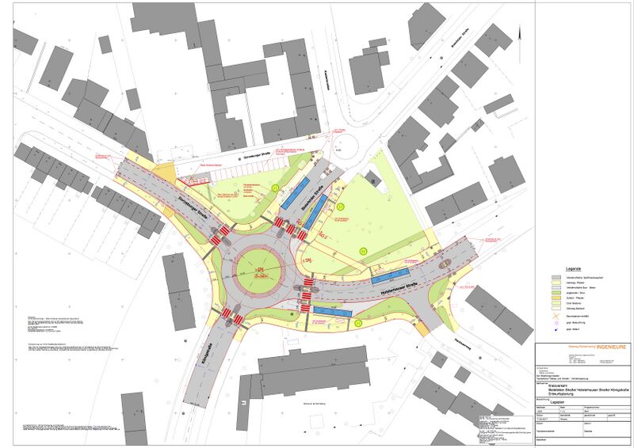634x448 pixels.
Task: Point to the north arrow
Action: point(519,32)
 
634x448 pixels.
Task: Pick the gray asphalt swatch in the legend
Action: point(558,278)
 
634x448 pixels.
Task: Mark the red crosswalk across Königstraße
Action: point(233,318)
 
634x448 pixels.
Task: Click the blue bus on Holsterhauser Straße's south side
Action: point(332,311)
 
